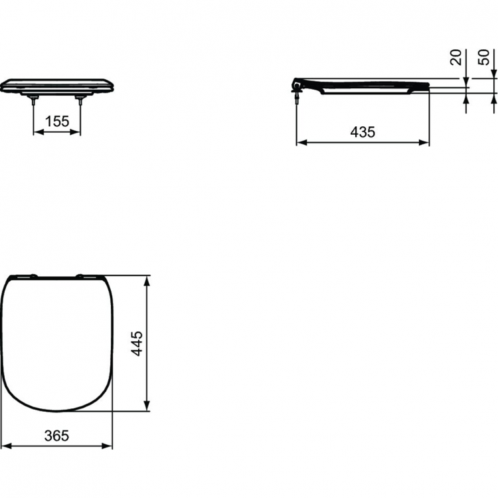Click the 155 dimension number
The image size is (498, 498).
click(57, 122)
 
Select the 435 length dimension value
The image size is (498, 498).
click(363, 131)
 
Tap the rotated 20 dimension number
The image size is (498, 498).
click(456, 57)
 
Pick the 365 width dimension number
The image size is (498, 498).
click(56, 436)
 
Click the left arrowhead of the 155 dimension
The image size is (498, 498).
click(37, 132)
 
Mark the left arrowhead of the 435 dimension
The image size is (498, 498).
click(300, 142)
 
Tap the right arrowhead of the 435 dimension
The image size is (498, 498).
click(425, 142)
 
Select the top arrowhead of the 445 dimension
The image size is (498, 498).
click(147, 279)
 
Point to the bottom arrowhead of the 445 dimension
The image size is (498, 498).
click(147, 406)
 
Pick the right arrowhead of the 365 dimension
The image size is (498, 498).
click(108, 446)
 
